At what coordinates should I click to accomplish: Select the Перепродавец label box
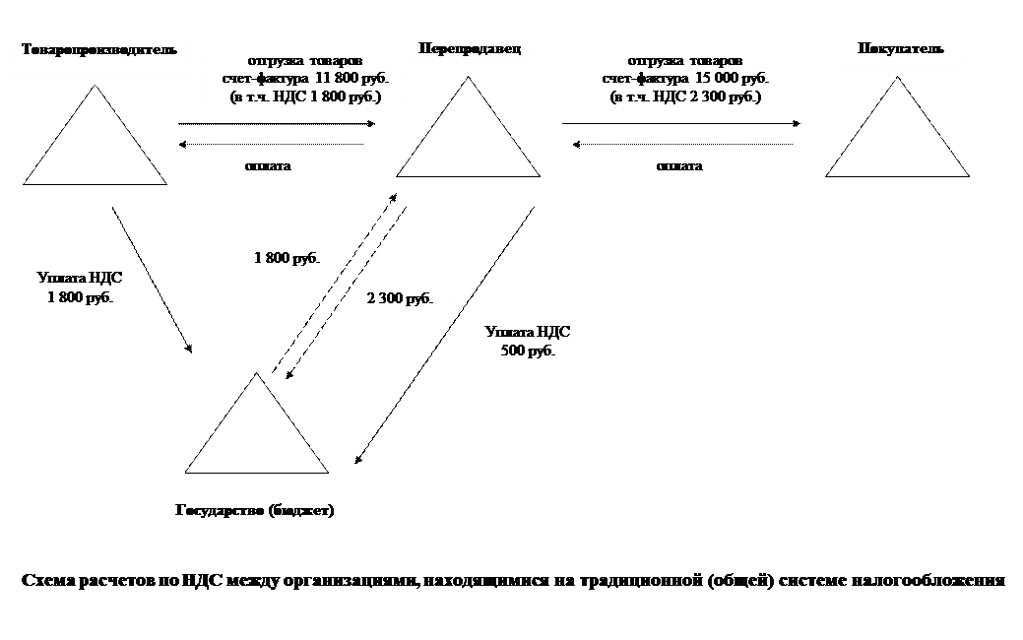[463, 47]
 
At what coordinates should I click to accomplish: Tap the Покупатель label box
[900, 48]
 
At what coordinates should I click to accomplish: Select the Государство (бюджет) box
[255, 511]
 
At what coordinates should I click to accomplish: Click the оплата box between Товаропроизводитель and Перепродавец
[268, 165]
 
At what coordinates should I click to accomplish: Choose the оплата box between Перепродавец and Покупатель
[679, 165]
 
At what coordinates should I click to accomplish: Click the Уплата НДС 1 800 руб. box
[79, 288]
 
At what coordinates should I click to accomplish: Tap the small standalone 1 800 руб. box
[288, 259]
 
